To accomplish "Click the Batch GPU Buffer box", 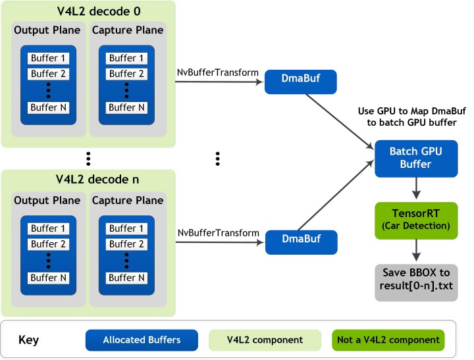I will pos(416,158).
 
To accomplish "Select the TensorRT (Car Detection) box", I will pos(416,219).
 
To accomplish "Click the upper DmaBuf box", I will pos(301,82).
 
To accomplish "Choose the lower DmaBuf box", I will pos(301,242).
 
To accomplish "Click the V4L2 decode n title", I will pos(88,179).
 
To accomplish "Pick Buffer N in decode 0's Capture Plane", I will pos(127,107).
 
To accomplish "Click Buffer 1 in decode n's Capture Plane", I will pos(127,228).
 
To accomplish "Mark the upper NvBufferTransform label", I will pos(217,72).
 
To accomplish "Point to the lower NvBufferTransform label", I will pos(217,234).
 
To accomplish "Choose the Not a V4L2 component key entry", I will pos(388,340).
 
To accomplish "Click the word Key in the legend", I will pos(29,340).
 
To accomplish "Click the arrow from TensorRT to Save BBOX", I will pos(416,251).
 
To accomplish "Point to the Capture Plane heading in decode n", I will pos(127,200).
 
